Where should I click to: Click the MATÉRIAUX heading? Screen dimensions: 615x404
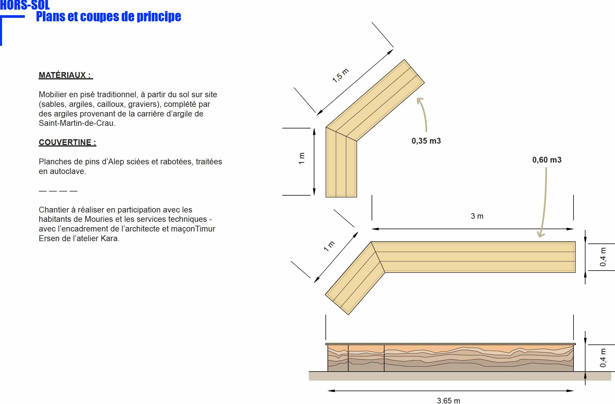coord(66,75)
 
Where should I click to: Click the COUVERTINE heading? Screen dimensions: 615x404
coord(67,142)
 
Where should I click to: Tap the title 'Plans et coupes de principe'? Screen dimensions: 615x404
coord(108,16)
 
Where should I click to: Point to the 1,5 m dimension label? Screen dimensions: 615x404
coord(341,76)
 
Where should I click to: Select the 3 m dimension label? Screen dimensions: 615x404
coord(477,216)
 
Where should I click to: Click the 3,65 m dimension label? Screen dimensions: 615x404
coord(448,400)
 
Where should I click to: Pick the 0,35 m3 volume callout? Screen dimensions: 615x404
coord(426,141)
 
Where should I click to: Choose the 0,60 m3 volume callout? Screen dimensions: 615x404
coord(547,160)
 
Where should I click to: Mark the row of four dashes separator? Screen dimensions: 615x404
coord(58,191)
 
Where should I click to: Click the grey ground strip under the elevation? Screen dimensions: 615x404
coord(460,376)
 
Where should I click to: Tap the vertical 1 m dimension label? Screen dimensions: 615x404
coord(302,158)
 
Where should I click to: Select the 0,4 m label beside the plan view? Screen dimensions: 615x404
coord(603,257)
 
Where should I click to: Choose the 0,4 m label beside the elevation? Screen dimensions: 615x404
coord(603,358)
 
